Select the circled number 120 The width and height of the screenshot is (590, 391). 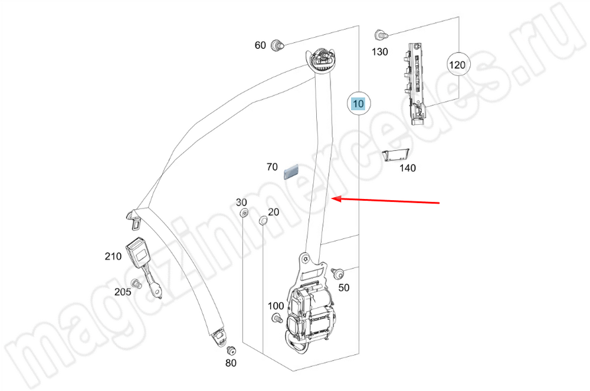(x=457, y=65)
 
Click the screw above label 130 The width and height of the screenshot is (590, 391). (x=380, y=35)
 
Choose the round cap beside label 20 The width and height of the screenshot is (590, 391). (x=263, y=221)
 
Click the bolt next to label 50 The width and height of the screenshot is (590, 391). (x=337, y=274)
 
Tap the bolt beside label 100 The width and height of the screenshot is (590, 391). (x=276, y=319)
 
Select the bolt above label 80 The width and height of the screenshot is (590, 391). (x=231, y=350)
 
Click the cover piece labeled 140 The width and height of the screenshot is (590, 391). (x=395, y=155)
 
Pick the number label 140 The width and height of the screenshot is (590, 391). (x=407, y=168)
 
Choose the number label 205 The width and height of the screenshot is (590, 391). (x=123, y=292)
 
